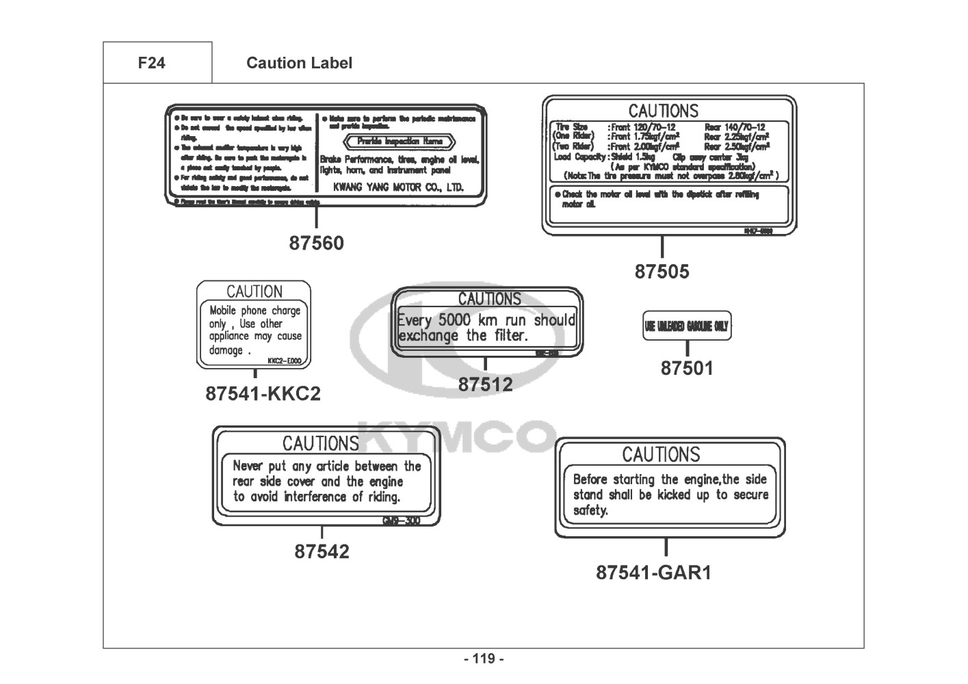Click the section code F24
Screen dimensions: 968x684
151,63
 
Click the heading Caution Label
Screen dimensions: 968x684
299,63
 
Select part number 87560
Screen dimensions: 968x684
316,243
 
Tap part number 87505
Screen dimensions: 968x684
662,272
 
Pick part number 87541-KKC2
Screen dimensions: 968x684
263,394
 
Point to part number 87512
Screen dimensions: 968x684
485,384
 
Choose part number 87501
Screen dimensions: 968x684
686,368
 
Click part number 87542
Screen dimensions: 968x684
322,551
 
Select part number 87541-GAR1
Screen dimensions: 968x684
653,573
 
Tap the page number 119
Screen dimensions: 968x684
484,659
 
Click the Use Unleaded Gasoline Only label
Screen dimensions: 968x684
686,326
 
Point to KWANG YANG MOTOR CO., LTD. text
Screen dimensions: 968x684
397,187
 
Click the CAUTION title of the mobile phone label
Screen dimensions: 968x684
254,291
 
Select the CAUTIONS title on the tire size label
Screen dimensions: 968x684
664,111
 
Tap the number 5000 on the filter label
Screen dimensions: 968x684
454,319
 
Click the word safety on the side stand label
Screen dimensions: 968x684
590,510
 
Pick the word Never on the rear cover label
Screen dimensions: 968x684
248,466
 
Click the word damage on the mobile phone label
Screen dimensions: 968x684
226,350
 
